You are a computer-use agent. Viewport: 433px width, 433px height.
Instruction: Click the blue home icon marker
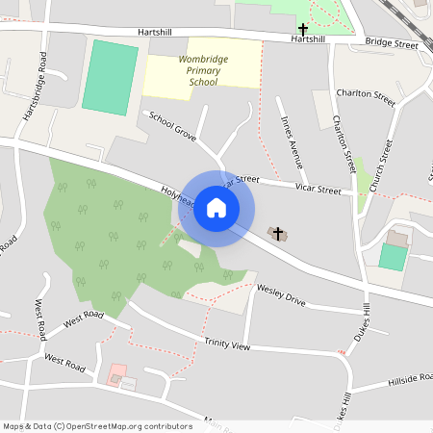tap(216, 208)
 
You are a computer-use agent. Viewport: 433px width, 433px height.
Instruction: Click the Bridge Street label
tap(392, 44)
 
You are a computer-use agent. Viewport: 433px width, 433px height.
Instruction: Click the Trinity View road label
tap(226, 344)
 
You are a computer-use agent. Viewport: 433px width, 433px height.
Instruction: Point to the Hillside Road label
tap(410, 379)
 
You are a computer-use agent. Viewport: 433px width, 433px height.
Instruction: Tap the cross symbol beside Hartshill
tap(303, 30)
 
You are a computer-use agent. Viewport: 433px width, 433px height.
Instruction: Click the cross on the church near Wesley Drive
tap(278, 234)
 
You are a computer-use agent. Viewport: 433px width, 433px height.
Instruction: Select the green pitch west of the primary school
tap(111, 77)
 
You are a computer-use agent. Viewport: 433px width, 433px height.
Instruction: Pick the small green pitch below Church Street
tap(392, 257)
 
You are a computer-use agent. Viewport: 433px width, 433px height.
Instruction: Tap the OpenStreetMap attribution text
tap(84, 425)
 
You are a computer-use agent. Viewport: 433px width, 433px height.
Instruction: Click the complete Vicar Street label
tap(318, 191)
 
